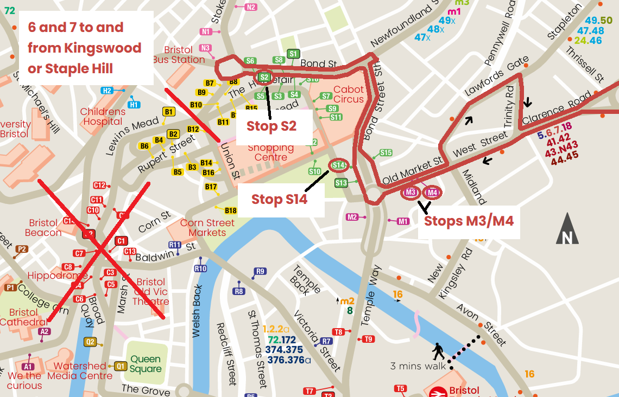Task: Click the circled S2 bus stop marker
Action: click(x=264, y=78)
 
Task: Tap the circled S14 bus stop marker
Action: click(x=338, y=165)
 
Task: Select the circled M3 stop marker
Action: click(x=410, y=193)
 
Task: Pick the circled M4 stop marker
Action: click(x=432, y=193)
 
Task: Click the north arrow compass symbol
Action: click(x=567, y=229)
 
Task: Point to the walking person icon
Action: click(x=438, y=351)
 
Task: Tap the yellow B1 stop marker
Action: click(x=169, y=112)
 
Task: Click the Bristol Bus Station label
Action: click(x=178, y=55)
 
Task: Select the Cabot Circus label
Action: click(x=349, y=94)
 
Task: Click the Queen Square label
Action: click(x=146, y=364)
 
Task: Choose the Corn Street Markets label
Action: click(x=207, y=228)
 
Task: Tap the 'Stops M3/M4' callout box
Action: click(x=469, y=221)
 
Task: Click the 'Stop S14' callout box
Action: click(x=279, y=200)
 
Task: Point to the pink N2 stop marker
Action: click(x=250, y=7)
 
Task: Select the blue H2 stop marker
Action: click(x=107, y=91)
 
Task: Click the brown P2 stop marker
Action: click(x=22, y=249)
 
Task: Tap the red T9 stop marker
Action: click(x=368, y=339)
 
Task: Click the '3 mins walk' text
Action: click(x=418, y=366)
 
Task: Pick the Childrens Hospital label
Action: click(x=103, y=117)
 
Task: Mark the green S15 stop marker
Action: click(x=386, y=153)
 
